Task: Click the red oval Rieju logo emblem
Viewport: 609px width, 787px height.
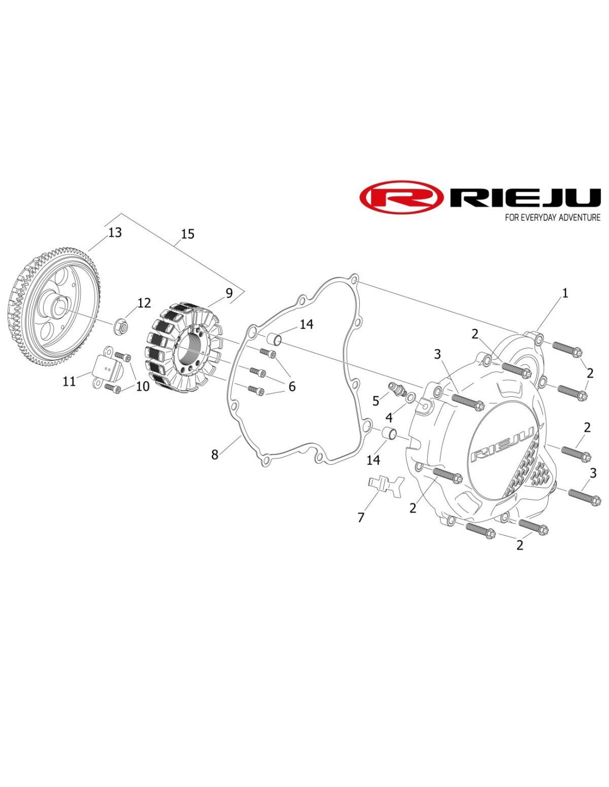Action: coord(401,196)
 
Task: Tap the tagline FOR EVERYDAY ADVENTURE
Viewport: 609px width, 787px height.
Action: coord(553,218)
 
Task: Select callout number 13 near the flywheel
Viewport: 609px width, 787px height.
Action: coord(115,232)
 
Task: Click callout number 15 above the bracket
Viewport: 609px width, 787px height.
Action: coord(188,234)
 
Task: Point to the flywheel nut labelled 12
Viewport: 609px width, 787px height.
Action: coord(122,328)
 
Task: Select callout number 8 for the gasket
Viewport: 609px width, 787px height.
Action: coord(215,455)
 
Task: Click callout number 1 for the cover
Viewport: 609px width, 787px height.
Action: coord(565,293)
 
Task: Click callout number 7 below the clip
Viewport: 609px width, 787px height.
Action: coord(361,517)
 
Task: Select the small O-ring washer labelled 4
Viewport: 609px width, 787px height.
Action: coord(410,397)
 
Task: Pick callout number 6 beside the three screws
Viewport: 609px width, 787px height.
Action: coord(292,386)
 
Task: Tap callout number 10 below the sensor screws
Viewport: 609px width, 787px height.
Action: coord(143,386)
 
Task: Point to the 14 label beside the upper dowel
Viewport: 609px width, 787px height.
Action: coord(306,324)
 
